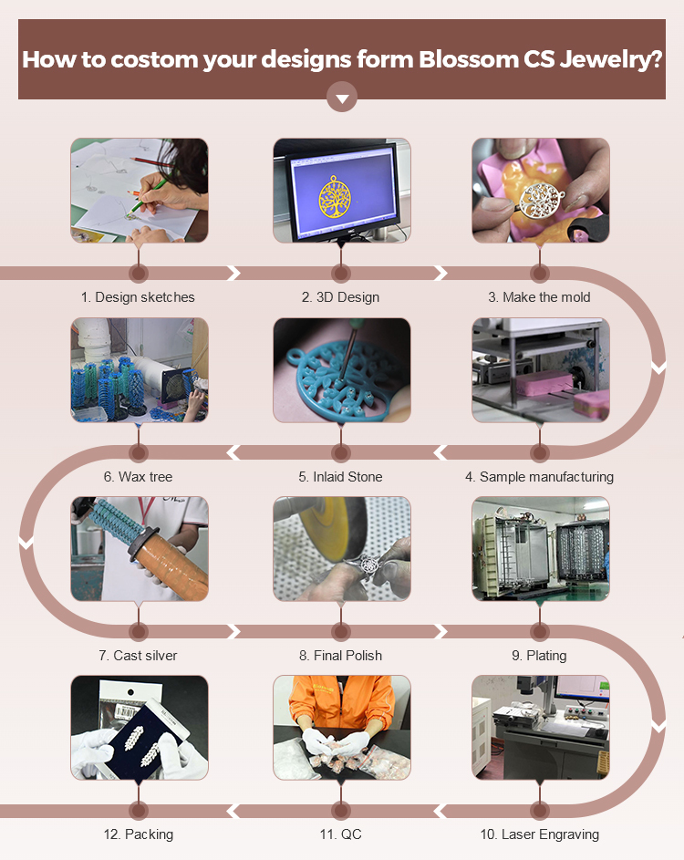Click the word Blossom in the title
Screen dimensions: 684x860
click(x=469, y=59)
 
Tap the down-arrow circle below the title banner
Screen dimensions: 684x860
click(x=342, y=98)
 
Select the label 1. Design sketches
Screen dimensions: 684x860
click(x=138, y=297)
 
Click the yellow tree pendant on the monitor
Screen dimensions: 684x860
click(x=334, y=197)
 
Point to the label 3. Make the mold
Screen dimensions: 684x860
click(x=539, y=297)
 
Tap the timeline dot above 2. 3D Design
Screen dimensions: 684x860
click(x=341, y=273)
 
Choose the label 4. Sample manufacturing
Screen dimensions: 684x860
click(x=539, y=477)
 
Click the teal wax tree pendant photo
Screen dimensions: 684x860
click(x=342, y=370)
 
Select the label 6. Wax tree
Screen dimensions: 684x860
click(x=138, y=477)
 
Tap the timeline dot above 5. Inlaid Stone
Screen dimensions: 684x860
click(x=341, y=452)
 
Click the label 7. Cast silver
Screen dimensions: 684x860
click(x=138, y=656)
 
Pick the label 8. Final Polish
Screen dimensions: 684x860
click(x=340, y=656)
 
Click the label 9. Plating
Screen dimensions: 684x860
click(x=539, y=656)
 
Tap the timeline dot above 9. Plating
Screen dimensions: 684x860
click(x=540, y=632)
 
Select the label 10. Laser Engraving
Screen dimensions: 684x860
click(x=539, y=834)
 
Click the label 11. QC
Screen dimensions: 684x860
click(x=340, y=834)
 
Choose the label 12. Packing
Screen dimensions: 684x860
click(x=139, y=834)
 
